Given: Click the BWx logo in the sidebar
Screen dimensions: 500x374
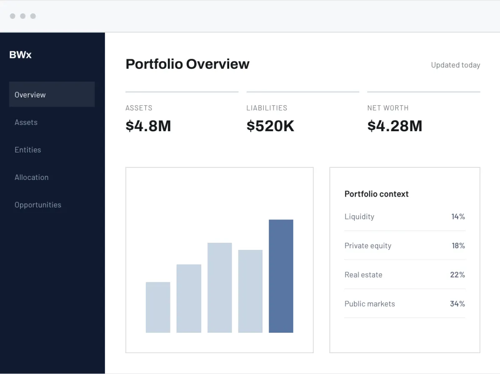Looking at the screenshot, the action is [20, 55].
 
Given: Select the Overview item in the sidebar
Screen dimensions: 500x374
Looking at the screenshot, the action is [30, 95].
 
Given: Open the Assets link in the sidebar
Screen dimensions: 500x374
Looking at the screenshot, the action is [26, 122].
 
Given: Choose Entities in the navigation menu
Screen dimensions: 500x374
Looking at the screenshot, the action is [28, 150].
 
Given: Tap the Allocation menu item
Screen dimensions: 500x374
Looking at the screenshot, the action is [31, 177].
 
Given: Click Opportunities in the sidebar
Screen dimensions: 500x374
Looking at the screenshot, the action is [38, 205].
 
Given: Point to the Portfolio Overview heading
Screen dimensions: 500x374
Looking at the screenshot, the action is [187, 64].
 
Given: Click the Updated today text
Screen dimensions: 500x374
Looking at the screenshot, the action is [455, 65].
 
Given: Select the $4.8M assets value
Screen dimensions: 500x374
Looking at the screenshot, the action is [148, 126].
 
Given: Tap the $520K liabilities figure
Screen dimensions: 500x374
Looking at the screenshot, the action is [270, 126].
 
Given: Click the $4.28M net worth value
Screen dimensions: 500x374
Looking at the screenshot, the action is [395, 126].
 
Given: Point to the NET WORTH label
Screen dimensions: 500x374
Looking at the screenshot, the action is [388, 108].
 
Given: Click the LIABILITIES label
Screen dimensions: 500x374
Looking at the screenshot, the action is [267, 108].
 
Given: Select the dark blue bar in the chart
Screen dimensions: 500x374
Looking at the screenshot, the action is [281, 276].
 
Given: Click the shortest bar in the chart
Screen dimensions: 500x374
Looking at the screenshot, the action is [158, 307].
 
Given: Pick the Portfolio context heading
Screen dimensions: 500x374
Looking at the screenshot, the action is [376, 194].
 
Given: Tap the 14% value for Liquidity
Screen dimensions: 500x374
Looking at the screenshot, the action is [458, 217].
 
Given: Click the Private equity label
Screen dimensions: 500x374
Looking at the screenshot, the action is [368, 246].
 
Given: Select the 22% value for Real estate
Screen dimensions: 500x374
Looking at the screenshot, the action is [457, 275].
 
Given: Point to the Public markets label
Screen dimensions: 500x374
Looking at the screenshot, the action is [370, 304].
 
